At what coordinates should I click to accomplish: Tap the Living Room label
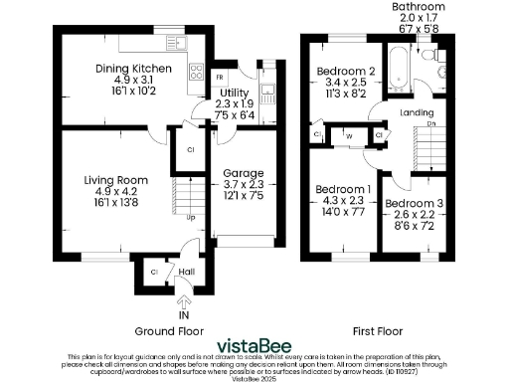(116, 180)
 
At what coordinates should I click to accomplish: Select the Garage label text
(242, 173)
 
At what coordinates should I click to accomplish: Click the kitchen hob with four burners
(196, 73)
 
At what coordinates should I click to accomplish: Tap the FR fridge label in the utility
(220, 75)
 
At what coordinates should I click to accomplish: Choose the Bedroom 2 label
(344, 72)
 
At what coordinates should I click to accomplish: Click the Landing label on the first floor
(417, 112)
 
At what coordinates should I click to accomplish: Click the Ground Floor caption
(168, 329)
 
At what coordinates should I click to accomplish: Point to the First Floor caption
(383, 329)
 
